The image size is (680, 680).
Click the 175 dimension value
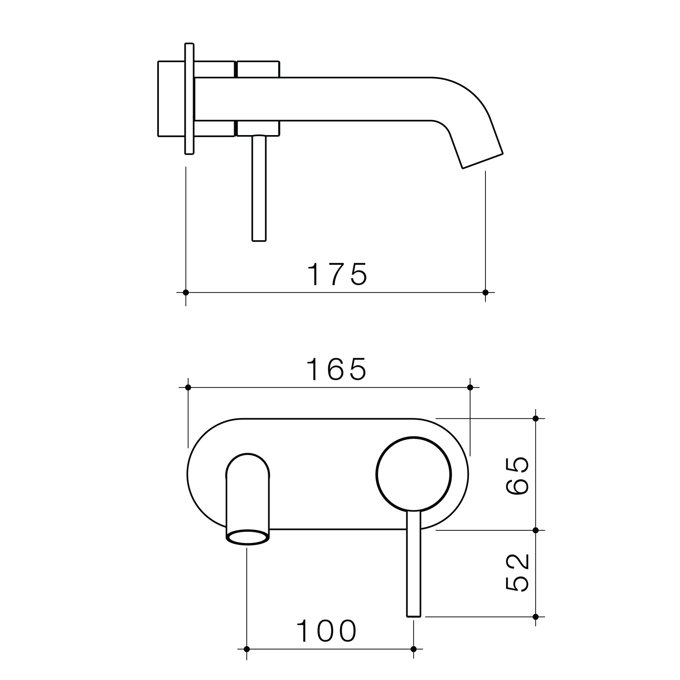[x=338, y=274]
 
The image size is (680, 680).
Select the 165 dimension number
[x=338, y=369]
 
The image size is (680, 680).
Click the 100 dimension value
[x=327, y=631]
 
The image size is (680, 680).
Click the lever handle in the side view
[x=259, y=188]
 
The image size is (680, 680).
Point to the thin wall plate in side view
[x=189, y=99]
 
